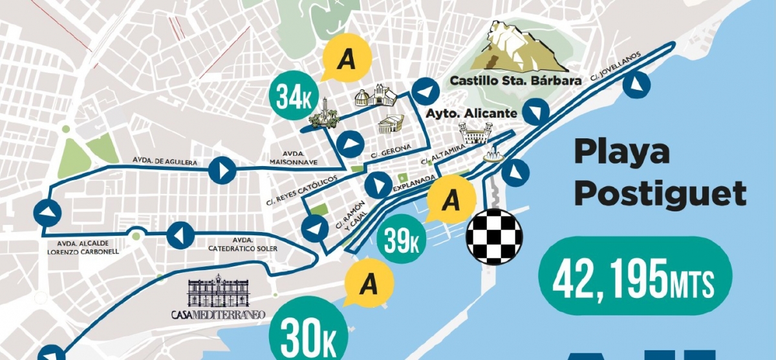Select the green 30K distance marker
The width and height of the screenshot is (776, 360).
[x=308, y=331]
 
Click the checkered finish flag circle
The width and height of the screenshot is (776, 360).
[x=494, y=237]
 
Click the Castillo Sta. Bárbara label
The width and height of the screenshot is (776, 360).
[x=515, y=81]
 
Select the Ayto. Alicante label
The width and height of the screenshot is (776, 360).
[x=471, y=113]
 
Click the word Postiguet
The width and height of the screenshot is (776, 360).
[x=661, y=192]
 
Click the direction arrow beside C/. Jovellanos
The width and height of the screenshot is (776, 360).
[x=636, y=85]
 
